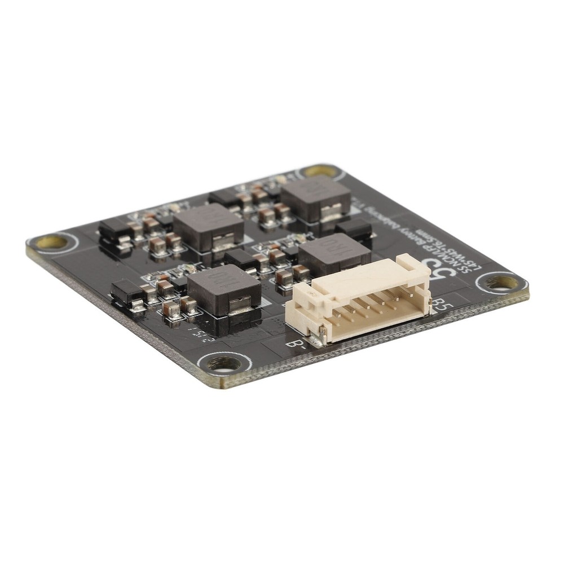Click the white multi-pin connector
point(355,305)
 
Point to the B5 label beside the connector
point(442,305)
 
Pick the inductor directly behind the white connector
point(334,254)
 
